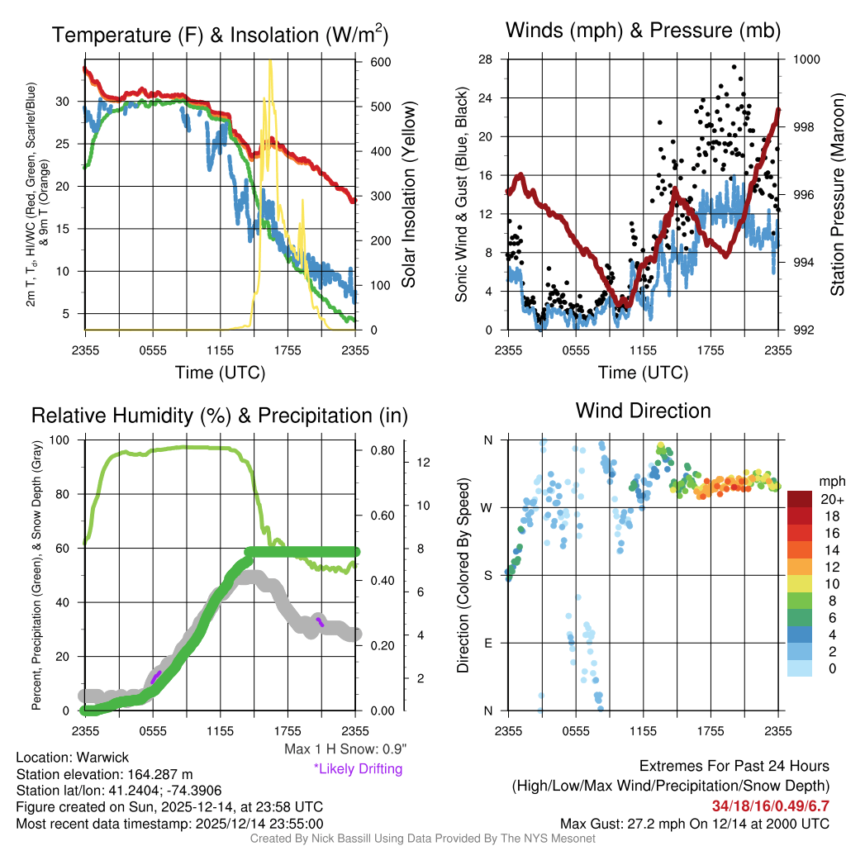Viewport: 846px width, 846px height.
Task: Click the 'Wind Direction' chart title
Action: point(643,411)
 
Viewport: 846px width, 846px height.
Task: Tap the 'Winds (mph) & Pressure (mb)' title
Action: point(643,31)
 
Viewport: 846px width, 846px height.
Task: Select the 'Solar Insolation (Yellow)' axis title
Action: point(408,195)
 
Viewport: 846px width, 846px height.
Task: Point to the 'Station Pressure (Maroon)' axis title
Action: point(837,195)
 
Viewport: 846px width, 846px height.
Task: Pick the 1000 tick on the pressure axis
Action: point(806,59)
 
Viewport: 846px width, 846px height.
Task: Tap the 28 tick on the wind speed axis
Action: point(485,59)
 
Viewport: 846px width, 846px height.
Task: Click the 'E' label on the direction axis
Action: point(488,643)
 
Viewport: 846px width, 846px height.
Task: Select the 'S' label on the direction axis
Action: point(488,575)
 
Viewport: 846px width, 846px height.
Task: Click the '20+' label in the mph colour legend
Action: point(829,499)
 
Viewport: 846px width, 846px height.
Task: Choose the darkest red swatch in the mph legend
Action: point(799,499)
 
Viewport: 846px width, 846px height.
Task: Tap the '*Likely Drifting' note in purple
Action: point(357,769)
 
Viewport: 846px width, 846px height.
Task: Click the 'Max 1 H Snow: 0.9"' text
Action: point(345,749)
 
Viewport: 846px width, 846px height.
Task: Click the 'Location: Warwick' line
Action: point(73,758)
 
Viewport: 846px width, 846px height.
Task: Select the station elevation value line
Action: point(104,774)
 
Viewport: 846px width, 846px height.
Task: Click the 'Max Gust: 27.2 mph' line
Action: point(694,823)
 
